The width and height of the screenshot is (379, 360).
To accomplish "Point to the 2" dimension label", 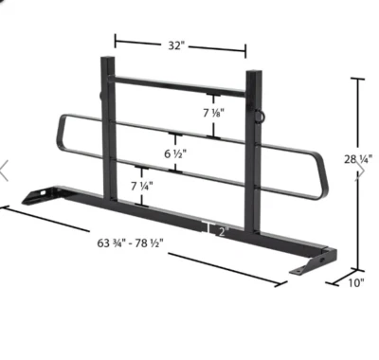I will click(x=222, y=230).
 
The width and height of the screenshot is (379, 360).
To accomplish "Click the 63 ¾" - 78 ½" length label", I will click(x=129, y=243).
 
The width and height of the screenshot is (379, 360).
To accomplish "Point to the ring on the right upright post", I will click(x=260, y=115).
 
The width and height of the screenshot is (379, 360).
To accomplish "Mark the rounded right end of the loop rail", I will click(x=324, y=180).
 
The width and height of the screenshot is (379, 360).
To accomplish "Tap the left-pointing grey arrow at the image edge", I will click(x=5, y=170).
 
